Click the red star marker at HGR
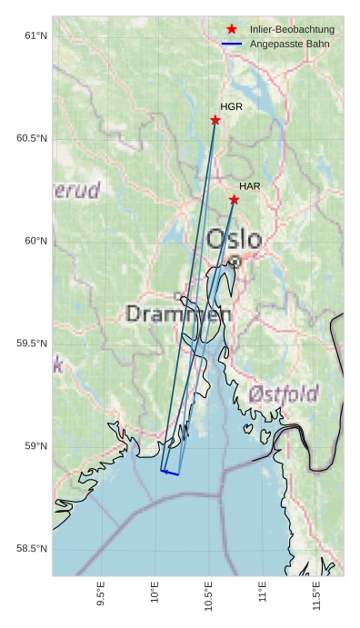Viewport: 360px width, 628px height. [x=215, y=120]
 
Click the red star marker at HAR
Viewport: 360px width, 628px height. [x=234, y=199]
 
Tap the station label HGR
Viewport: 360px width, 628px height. [x=231, y=107]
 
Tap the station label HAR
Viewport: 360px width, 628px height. [x=250, y=186]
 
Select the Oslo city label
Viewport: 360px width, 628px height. [x=234, y=240]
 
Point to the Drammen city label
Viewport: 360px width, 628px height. [x=178, y=314]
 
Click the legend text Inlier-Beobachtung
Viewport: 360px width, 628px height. [x=292, y=30]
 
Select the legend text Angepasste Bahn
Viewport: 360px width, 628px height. [x=289, y=44]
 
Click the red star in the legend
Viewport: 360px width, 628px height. [x=232, y=30]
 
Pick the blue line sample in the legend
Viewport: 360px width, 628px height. [x=232, y=44]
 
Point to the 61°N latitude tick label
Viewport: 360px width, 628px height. [x=35, y=35]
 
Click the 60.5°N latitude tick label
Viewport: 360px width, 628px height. [x=32, y=138]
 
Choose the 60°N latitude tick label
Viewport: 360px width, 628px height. [x=35, y=241]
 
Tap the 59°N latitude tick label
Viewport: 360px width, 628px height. [x=35, y=445]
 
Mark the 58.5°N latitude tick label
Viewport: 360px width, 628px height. [x=32, y=548]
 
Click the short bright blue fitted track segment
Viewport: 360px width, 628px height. [x=170, y=473]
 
